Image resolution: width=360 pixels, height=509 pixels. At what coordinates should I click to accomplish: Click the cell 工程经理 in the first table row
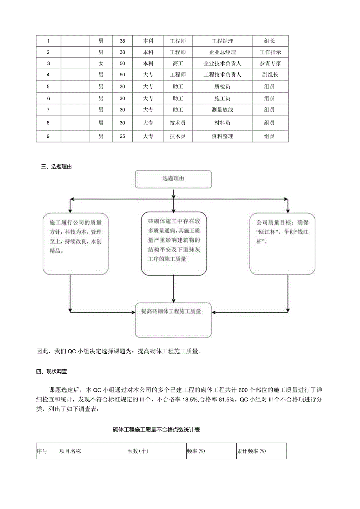coord(222,41)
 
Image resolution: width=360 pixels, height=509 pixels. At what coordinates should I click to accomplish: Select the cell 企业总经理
coord(222,52)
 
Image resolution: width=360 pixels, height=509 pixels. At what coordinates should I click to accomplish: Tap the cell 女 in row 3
coord(101,63)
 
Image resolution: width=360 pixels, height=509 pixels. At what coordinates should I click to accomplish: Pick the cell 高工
coord(178,63)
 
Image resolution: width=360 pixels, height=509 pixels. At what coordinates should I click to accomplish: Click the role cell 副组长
coord(270,75)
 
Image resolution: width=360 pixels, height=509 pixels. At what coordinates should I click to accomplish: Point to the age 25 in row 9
coord(122,136)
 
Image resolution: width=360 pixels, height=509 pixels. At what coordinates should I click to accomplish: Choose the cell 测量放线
coord(222,110)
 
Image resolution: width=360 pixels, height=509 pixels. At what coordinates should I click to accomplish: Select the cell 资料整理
coord(222,136)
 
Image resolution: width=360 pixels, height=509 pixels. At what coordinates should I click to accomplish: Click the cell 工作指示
coord(270,52)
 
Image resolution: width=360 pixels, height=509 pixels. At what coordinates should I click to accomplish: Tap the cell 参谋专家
coord(270,63)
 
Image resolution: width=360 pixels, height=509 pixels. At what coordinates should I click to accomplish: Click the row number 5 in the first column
coord(49,87)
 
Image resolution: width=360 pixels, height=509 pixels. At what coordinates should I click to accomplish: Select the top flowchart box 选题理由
coord(173,179)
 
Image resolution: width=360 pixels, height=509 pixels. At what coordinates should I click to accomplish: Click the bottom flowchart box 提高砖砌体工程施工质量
coord(173,320)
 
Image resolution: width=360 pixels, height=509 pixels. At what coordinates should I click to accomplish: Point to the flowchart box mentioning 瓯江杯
coord(282,243)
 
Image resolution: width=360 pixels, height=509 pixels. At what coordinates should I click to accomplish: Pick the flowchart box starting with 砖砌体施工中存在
coord(173,243)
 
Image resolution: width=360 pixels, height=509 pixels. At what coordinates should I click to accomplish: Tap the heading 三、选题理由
coord(56,167)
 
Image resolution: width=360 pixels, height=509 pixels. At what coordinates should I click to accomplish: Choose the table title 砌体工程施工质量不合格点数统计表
coord(157,430)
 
